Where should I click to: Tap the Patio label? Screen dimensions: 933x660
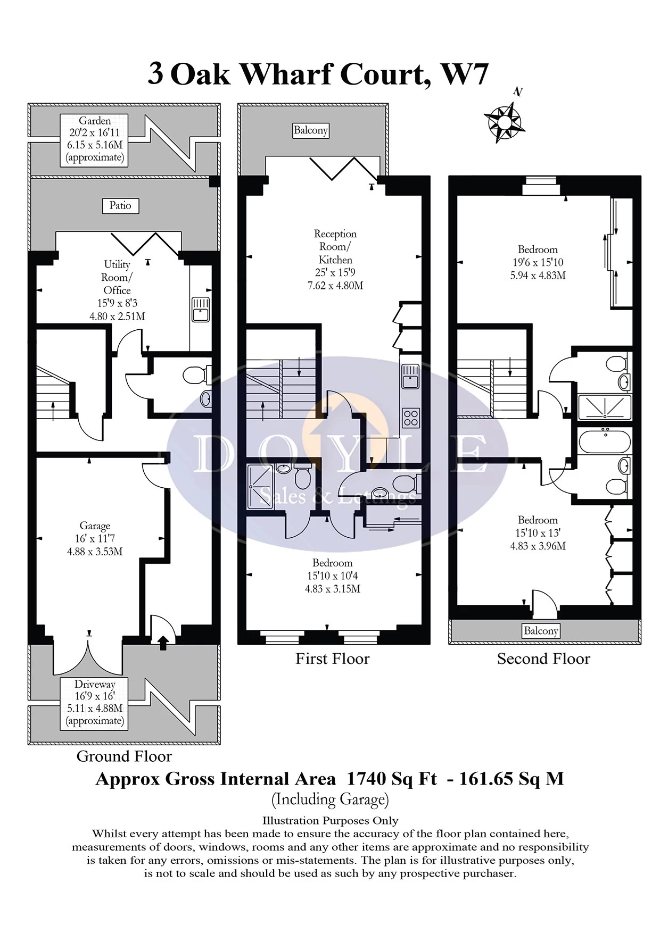(x=120, y=206)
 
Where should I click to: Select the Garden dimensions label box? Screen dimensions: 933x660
(x=95, y=139)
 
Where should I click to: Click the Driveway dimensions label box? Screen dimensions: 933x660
(x=95, y=703)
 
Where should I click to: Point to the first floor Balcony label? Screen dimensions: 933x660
(x=311, y=130)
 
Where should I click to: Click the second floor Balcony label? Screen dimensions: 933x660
(x=541, y=631)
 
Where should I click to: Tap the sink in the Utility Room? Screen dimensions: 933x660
(x=201, y=309)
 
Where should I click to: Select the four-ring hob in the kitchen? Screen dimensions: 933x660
(x=411, y=418)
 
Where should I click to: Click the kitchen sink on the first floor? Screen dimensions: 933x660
(x=410, y=376)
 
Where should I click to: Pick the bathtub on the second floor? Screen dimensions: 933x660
(x=604, y=441)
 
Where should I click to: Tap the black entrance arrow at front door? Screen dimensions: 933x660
(x=163, y=643)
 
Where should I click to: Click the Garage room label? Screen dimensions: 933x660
(x=95, y=538)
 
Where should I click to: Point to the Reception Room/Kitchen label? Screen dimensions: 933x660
(x=335, y=260)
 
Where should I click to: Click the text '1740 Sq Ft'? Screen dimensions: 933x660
(x=392, y=779)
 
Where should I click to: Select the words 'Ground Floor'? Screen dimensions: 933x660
(x=124, y=756)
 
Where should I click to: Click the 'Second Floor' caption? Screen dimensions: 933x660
(x=543, y=659)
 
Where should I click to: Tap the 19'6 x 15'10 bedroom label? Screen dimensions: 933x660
(x=538, y=262)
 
